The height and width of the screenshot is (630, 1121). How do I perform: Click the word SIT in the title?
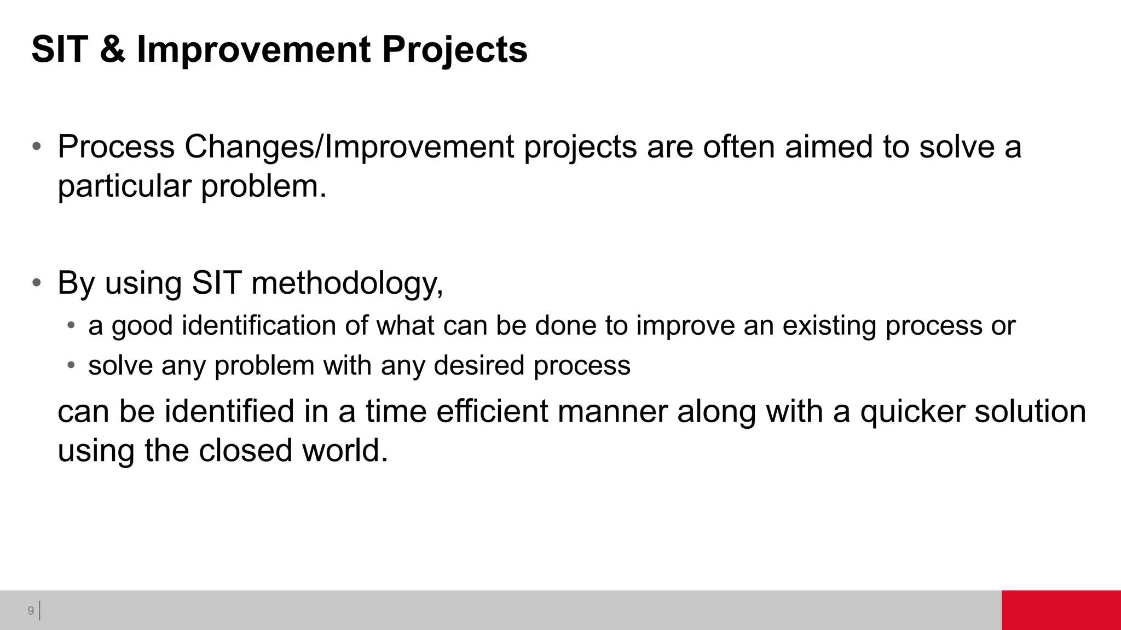point(60,49)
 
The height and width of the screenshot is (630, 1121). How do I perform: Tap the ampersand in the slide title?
point(113,49)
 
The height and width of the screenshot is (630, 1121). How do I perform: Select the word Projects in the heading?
point(454,50)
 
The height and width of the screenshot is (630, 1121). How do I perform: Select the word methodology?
point(347,283)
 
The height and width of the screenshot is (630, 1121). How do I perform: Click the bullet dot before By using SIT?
point(37,283)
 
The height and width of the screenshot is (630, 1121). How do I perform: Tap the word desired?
point(479,365)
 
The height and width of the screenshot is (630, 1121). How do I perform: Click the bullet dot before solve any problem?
point(71,365)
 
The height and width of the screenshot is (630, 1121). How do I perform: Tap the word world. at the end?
point(345,451)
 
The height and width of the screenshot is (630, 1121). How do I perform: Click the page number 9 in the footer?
point(31,610)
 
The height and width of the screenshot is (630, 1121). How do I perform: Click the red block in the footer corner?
point(1061,610)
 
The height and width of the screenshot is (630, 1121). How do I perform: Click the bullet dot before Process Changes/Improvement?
point(37,147)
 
